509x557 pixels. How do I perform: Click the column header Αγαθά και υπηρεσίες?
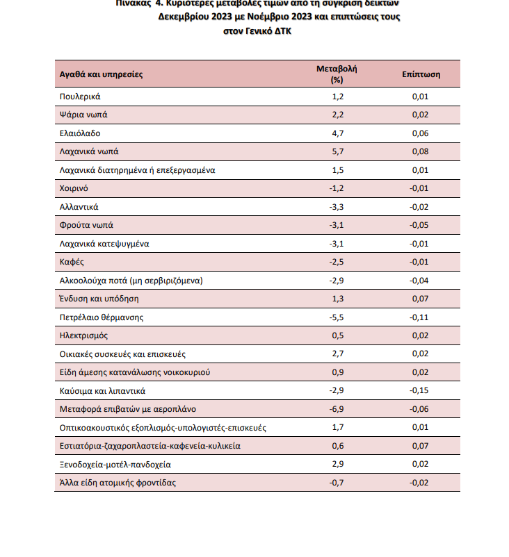(101, 74)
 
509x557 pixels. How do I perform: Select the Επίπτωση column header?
(420, 74)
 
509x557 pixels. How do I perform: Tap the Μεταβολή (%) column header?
(337, 74)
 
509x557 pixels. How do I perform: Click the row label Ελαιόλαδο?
(80, 133)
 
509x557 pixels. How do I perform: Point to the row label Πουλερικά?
(81, 97)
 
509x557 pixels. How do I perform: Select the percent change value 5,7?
(338, 151)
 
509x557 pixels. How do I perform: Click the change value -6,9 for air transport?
(337, 409)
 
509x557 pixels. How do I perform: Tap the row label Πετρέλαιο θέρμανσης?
(102, 317)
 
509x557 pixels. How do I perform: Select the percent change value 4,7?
(338, 133)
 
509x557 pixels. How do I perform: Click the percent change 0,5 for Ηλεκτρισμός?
(338, 335)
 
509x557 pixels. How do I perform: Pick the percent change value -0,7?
(337, 483)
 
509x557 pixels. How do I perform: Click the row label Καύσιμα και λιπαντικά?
(102, 391)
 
